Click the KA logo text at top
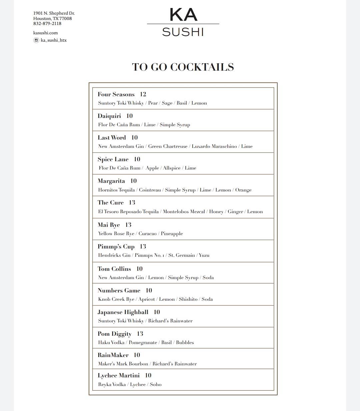[x=183, y=15]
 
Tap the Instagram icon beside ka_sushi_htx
[x=36, y=40]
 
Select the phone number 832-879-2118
[x=47, y=24]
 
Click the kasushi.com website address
[x=45, y=33]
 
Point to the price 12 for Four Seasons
[x=143, y=94]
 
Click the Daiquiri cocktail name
[x=109, y=116]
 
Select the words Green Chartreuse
[x=168, y=146]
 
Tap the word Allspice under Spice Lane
[x=172, y=168]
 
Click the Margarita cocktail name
[x=111, y=181]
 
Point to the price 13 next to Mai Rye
[x=128, y=225]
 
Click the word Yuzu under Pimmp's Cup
[x=204, y=255]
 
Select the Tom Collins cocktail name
[x=114, y=269]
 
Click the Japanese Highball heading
[x=123, y=312]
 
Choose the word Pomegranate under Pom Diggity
[x=143, y=342]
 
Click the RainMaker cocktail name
[x=113, y=355]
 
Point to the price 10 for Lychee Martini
[x=148, y=375]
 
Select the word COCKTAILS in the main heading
[x=202, y=67]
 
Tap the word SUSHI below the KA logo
[x=183, y=32]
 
